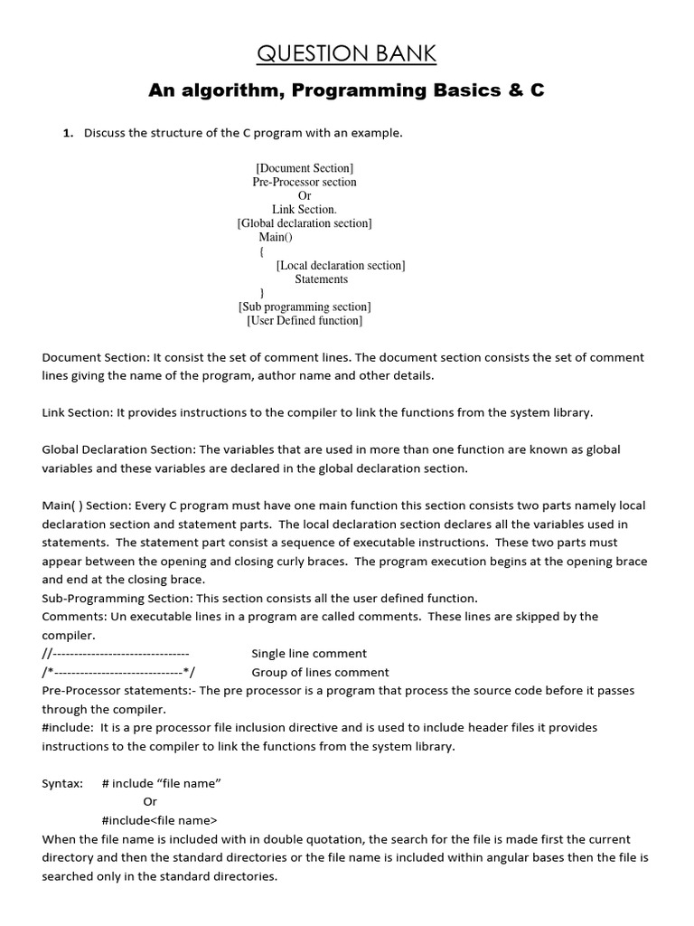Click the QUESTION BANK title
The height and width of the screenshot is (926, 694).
coord(346,55)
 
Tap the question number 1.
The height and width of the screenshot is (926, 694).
coord(66,133)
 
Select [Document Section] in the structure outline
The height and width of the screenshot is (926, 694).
coord(305,168)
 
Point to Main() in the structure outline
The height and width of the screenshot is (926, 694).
coord(276,237)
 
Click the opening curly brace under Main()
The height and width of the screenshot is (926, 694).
coord(261,251)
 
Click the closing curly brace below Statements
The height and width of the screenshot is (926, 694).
coord(261,293)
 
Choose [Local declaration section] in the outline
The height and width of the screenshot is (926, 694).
coord(340,265)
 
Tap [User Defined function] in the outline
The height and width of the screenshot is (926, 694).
coord(305,320)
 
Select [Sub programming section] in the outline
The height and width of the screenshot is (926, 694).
coord(305,307)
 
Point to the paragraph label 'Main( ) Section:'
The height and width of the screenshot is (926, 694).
coord(87,506)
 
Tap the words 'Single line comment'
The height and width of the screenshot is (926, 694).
coord(308,653)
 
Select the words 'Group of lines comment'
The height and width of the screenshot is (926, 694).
coord(320,672)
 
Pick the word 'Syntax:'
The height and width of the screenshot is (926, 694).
coord(62,783)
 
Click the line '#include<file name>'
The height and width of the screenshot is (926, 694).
coord(159,820)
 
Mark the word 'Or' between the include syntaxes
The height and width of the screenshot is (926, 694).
coord(150,801)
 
